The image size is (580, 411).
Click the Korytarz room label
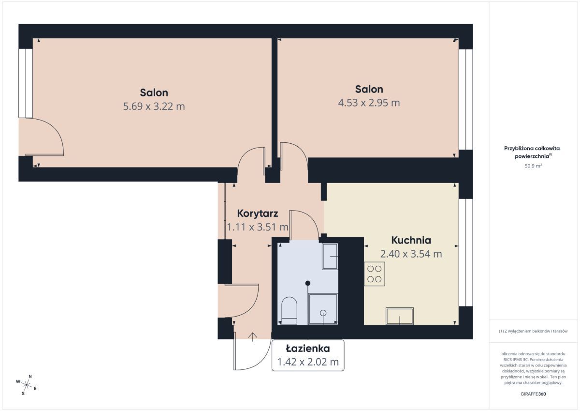pyautogui.click(x=257, y=213)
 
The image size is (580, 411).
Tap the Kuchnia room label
pyautogui.click(x=411, y=240)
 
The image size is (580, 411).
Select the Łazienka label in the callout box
pyautogui.click(x=307, y=349)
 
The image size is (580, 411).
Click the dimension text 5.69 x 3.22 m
pyautogui.click(x=154, y=107)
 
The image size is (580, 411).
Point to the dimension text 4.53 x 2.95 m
pyautogui.click(x=369, y=103)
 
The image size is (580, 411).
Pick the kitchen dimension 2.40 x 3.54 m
pyautogui.click(x=411, y=254)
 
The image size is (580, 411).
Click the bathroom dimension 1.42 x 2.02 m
pyautogui.click(x=308, y=362)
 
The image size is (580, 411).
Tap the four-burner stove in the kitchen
pyautogui.click(x=375, y=274)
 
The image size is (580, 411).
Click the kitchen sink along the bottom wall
pyautogui.click(x=400, y=316)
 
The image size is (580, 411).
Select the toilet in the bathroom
pyautogui.click(x=289, y=311)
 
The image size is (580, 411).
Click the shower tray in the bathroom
pyautogui.click(x=323, y=309)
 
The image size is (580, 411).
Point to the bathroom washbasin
pyautogui.click(x=330, y=257)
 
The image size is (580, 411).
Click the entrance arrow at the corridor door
pyautogui.click(x=252, y=337)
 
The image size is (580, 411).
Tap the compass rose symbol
pyautogui.click(x=26, y=385)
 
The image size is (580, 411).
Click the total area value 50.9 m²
pyautogui.click(x=533, y=166)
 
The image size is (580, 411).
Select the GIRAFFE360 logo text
pyautogui.click(x=533, y=394)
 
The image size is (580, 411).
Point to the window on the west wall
pyautogui.click(x=26, y=83)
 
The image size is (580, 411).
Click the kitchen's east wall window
pyautogui.click(x=465, y=253)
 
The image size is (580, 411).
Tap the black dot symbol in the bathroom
pyautogui.click(x=307, y=283)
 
